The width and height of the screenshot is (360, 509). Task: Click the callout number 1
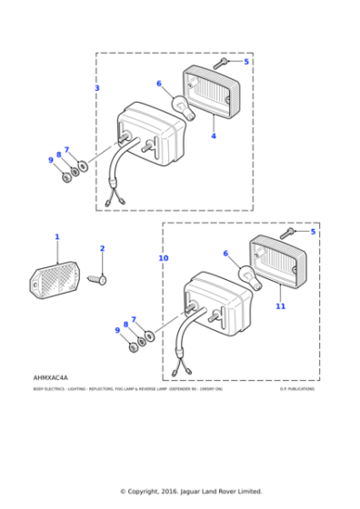coord(56,237)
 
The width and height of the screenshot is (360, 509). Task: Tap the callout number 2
coord(102,248)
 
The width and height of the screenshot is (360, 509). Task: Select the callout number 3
coord(97,88)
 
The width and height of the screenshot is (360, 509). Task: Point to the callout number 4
coord(214,136)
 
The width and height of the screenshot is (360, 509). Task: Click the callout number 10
coord(164,258)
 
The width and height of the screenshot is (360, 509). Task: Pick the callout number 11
coord(280,306)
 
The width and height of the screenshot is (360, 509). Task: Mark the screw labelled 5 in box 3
coord(221,64)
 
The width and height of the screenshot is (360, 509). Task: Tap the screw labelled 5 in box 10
coord(287,233)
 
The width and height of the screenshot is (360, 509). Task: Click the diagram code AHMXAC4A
coord(50,376)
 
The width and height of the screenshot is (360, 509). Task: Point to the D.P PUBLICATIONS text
coord(296,389)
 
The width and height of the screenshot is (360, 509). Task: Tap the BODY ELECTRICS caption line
coord(127,389)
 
